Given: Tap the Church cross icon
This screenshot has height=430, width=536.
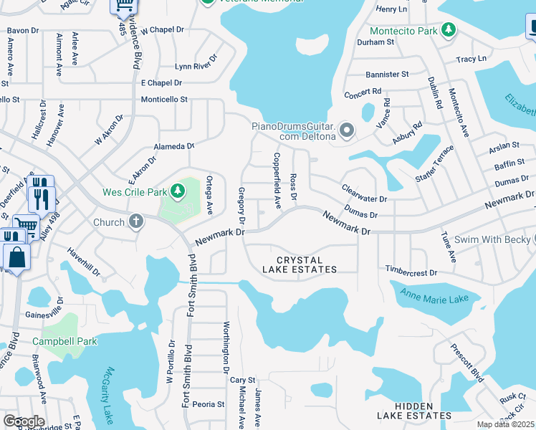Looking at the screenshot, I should tap(135, 221).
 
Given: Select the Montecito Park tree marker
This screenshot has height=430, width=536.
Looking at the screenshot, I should tap(449, 30).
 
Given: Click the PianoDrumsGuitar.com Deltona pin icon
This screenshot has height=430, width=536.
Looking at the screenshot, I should tap(348, 130).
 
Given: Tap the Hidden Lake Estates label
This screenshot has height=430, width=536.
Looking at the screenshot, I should tap(415, 410).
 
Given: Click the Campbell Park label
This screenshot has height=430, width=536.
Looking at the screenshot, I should tap(70, 341).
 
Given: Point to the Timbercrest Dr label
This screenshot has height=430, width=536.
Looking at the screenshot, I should tap(411, 273).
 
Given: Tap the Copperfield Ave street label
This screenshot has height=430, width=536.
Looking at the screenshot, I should tap(277, 180).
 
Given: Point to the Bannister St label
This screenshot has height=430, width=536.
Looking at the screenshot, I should tap(386, 74).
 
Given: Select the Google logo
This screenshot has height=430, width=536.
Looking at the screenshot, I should tap(24, 421).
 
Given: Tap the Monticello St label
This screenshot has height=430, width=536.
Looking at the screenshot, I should tap(163, 100).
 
